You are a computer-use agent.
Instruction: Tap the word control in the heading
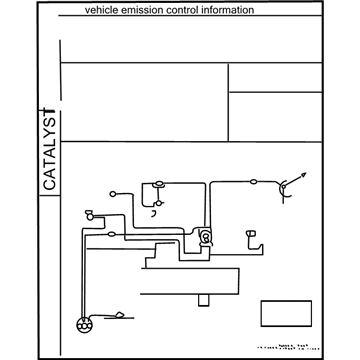pos(190,10)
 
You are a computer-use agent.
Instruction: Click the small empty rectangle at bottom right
pos(281,313)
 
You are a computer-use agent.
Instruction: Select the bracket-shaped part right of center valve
pos(250,236)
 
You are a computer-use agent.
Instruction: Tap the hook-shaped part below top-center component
pos(155,212)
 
